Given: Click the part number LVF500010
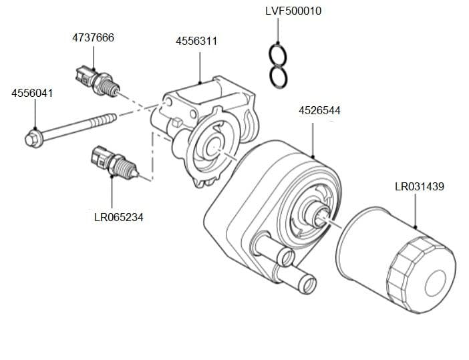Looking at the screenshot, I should [293, 11].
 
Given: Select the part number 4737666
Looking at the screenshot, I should [93, 37].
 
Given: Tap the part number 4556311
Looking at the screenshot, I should [196, 41].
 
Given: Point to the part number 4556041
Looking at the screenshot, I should [32, 94].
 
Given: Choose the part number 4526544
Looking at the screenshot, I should [319, 110].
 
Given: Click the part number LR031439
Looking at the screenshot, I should [419, 186].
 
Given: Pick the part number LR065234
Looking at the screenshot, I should [119, 217].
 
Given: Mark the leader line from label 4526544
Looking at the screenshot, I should [314, 137].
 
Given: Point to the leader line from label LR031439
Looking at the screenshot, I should [416, 210].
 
